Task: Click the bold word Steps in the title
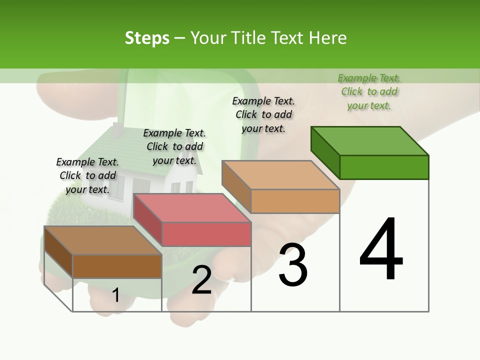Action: [147, 38]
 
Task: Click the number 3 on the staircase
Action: [293, 265]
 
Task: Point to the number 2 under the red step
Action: [201, 280]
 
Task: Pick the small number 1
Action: [115, 295]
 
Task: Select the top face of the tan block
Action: [280, 175]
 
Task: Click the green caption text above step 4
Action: [369, 91]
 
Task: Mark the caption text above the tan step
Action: [263, 114]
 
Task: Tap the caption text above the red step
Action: [174, 146]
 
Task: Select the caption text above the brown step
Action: [87, 175]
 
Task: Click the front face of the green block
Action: [384, 167]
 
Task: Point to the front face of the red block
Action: [206, 234]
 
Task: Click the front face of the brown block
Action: [117, 266]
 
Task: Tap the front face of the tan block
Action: [295, 201]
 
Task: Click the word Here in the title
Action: [329, 38]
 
